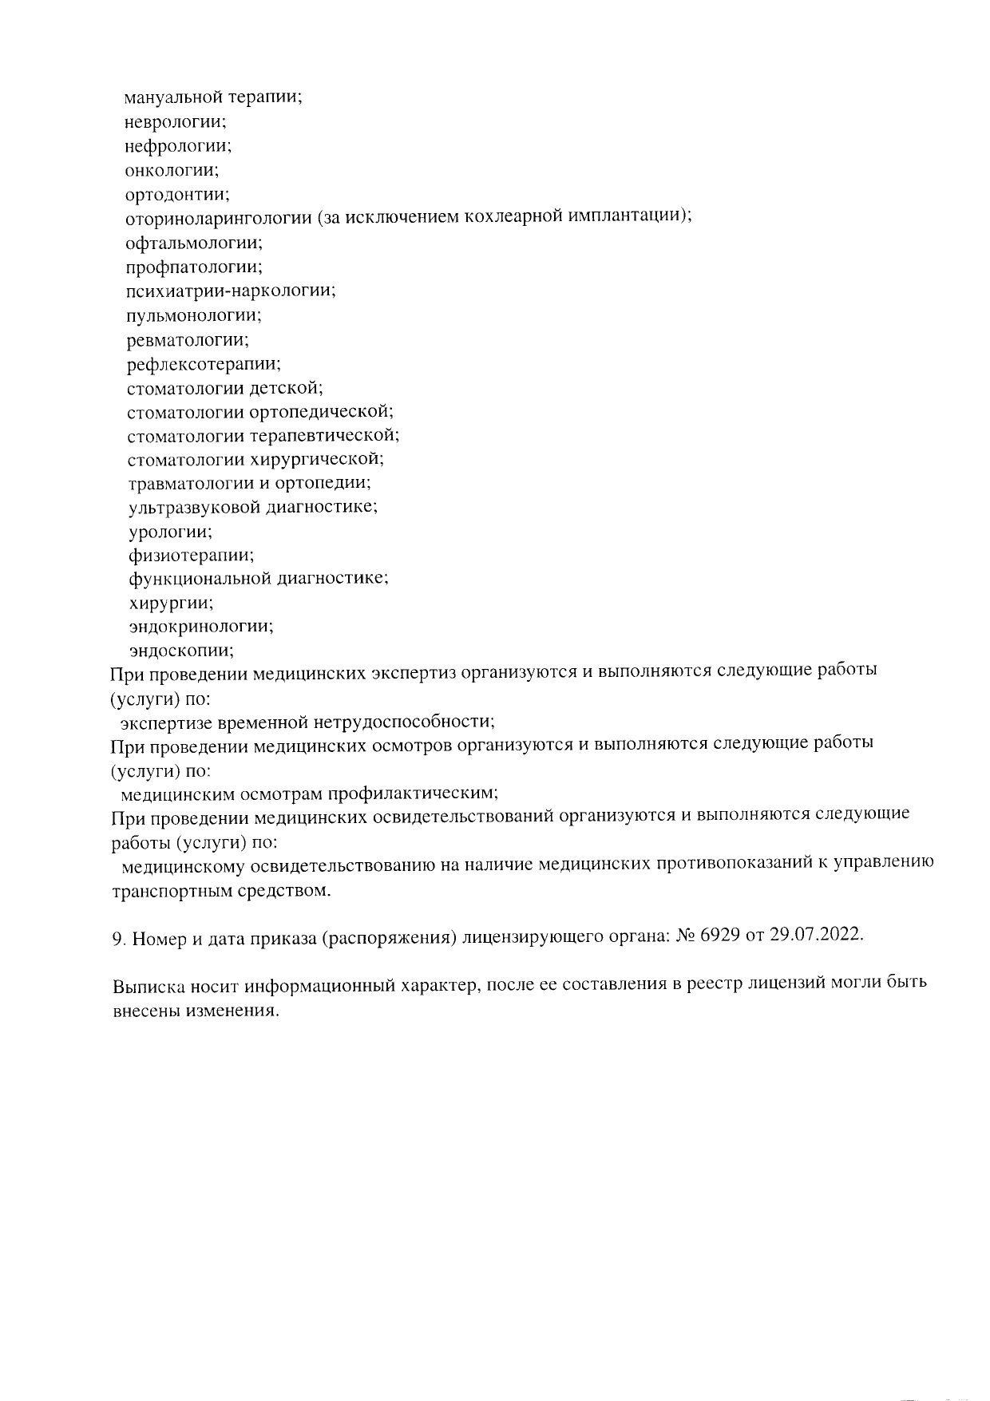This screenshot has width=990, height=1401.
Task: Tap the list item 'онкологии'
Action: (x=172, y=170)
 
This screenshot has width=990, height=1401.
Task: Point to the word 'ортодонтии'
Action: (x=176, y=194)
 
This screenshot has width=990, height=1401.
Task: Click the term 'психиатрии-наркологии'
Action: (x=230, y=291)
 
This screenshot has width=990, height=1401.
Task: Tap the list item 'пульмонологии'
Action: (x=193, y=315)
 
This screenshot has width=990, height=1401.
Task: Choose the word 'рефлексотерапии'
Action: (x=203, y=364)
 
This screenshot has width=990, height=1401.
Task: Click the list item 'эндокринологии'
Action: (x=201, y=627)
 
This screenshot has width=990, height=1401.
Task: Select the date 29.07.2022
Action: (x=817, y=936)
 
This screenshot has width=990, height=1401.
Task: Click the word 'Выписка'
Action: (x=148, y=983)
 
